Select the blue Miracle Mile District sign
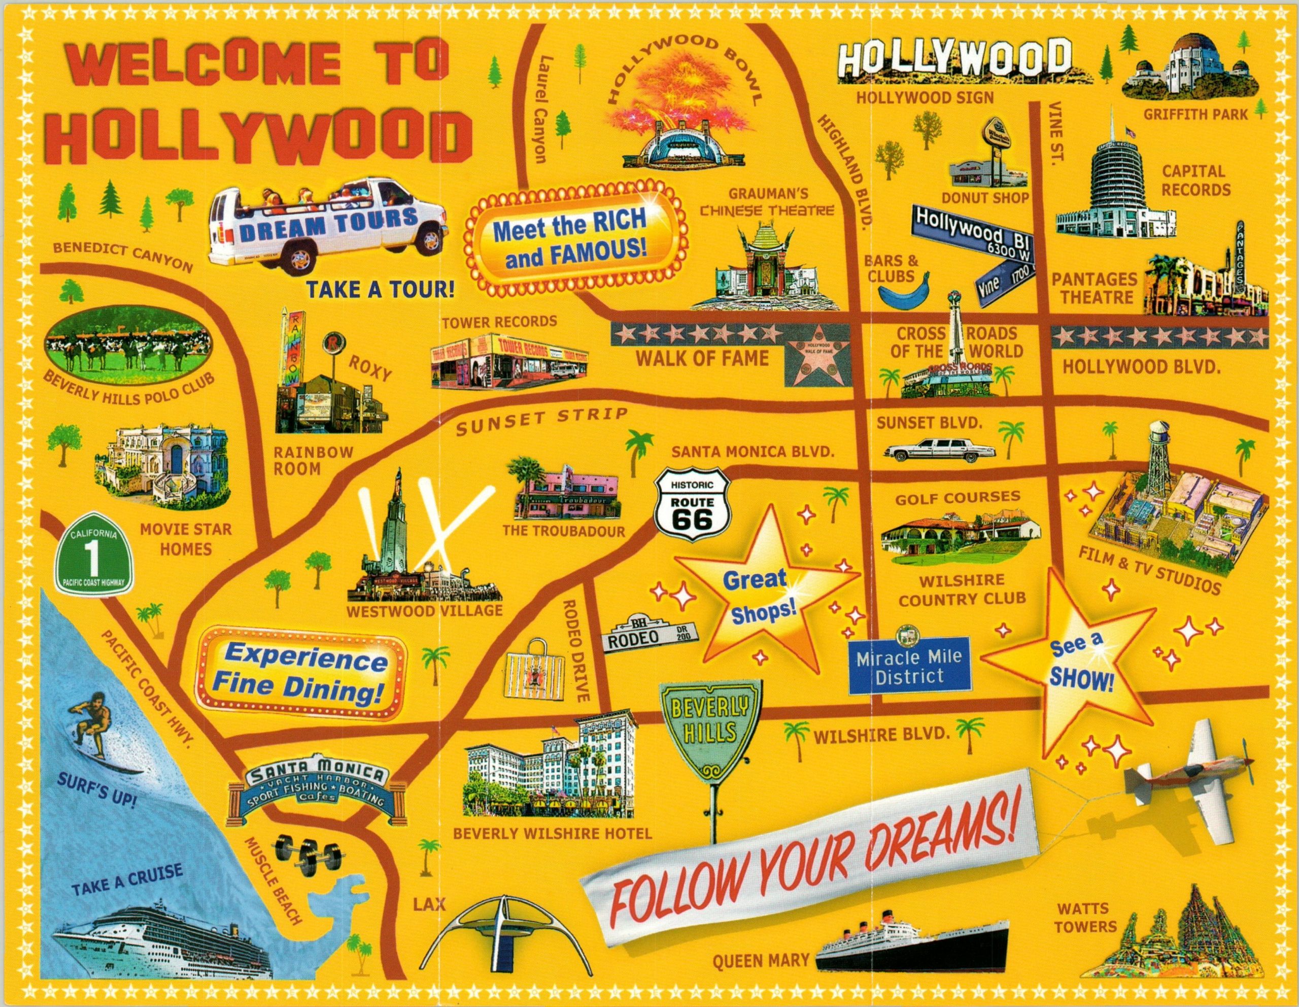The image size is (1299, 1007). [x=910, y=666]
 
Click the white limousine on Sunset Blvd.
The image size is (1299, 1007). [x=940, y=449]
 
